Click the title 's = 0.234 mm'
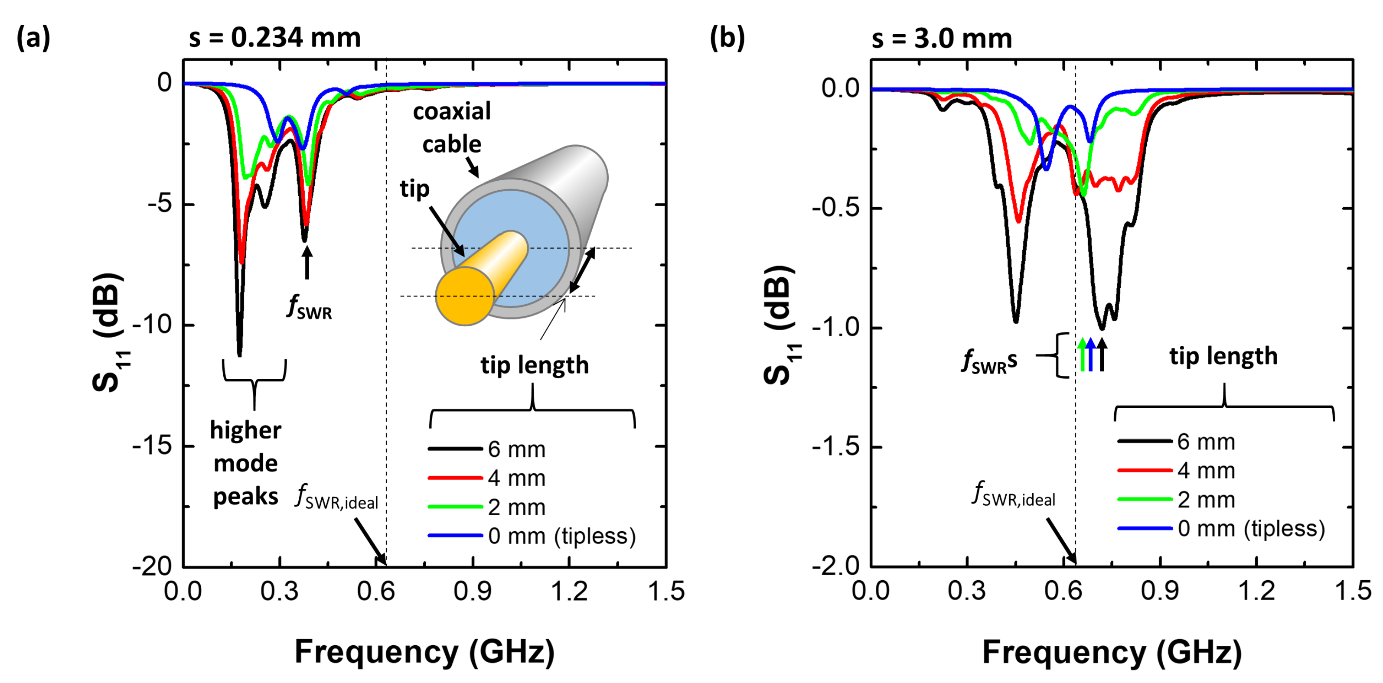(x=274, y=38)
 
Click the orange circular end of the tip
(x=465, y=296)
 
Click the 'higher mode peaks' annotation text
(x=245, y=463)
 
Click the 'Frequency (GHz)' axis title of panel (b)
(x=1111, y=652)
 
